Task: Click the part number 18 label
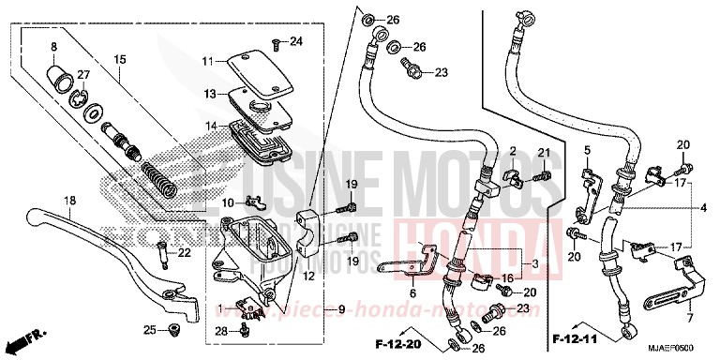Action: point(69,201)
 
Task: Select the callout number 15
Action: point(120,60)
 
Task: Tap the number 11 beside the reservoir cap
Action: point(208,61)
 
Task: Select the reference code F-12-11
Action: point(573,335)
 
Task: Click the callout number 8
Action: point(53,46)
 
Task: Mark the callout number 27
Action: point(83,75)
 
